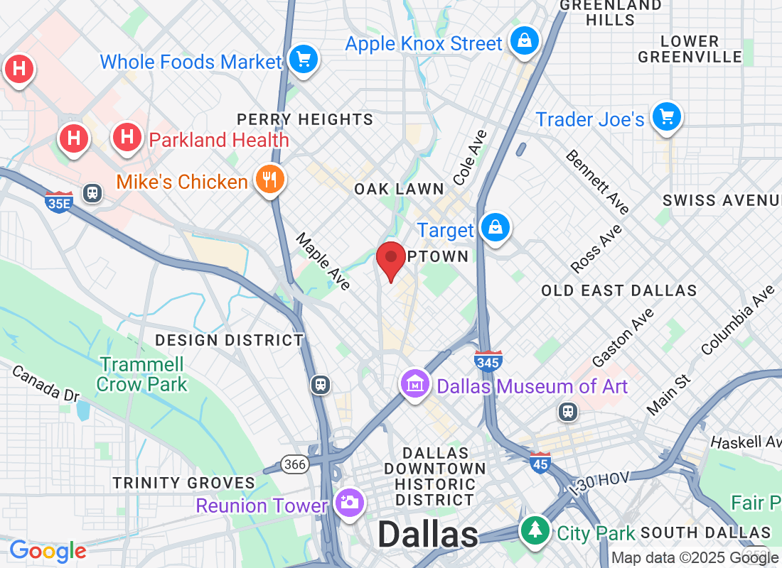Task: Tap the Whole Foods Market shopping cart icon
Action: click(304, 60)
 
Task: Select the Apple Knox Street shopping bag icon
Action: click(524, 41)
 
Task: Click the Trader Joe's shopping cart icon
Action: click(666, 116)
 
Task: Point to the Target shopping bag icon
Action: click(494, 228)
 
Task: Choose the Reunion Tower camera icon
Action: click(349, 503)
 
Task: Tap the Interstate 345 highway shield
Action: click(488, 361)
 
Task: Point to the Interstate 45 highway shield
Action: click(540, 462)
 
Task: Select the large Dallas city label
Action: click(428, 535)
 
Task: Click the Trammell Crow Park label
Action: click(142, 375)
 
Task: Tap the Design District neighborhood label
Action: click(230, 340)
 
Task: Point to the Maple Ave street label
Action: click(324, 261)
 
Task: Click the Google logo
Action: click(48, 550)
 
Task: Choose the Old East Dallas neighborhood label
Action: click(618, 290)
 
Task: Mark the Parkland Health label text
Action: click(219, 140)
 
